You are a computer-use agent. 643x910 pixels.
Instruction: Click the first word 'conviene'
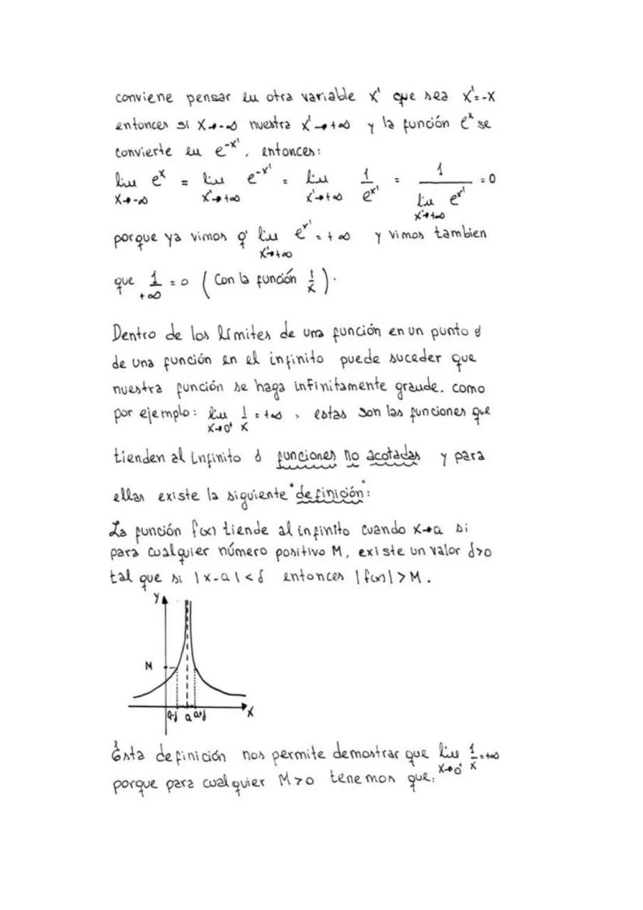tap(144, 100)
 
